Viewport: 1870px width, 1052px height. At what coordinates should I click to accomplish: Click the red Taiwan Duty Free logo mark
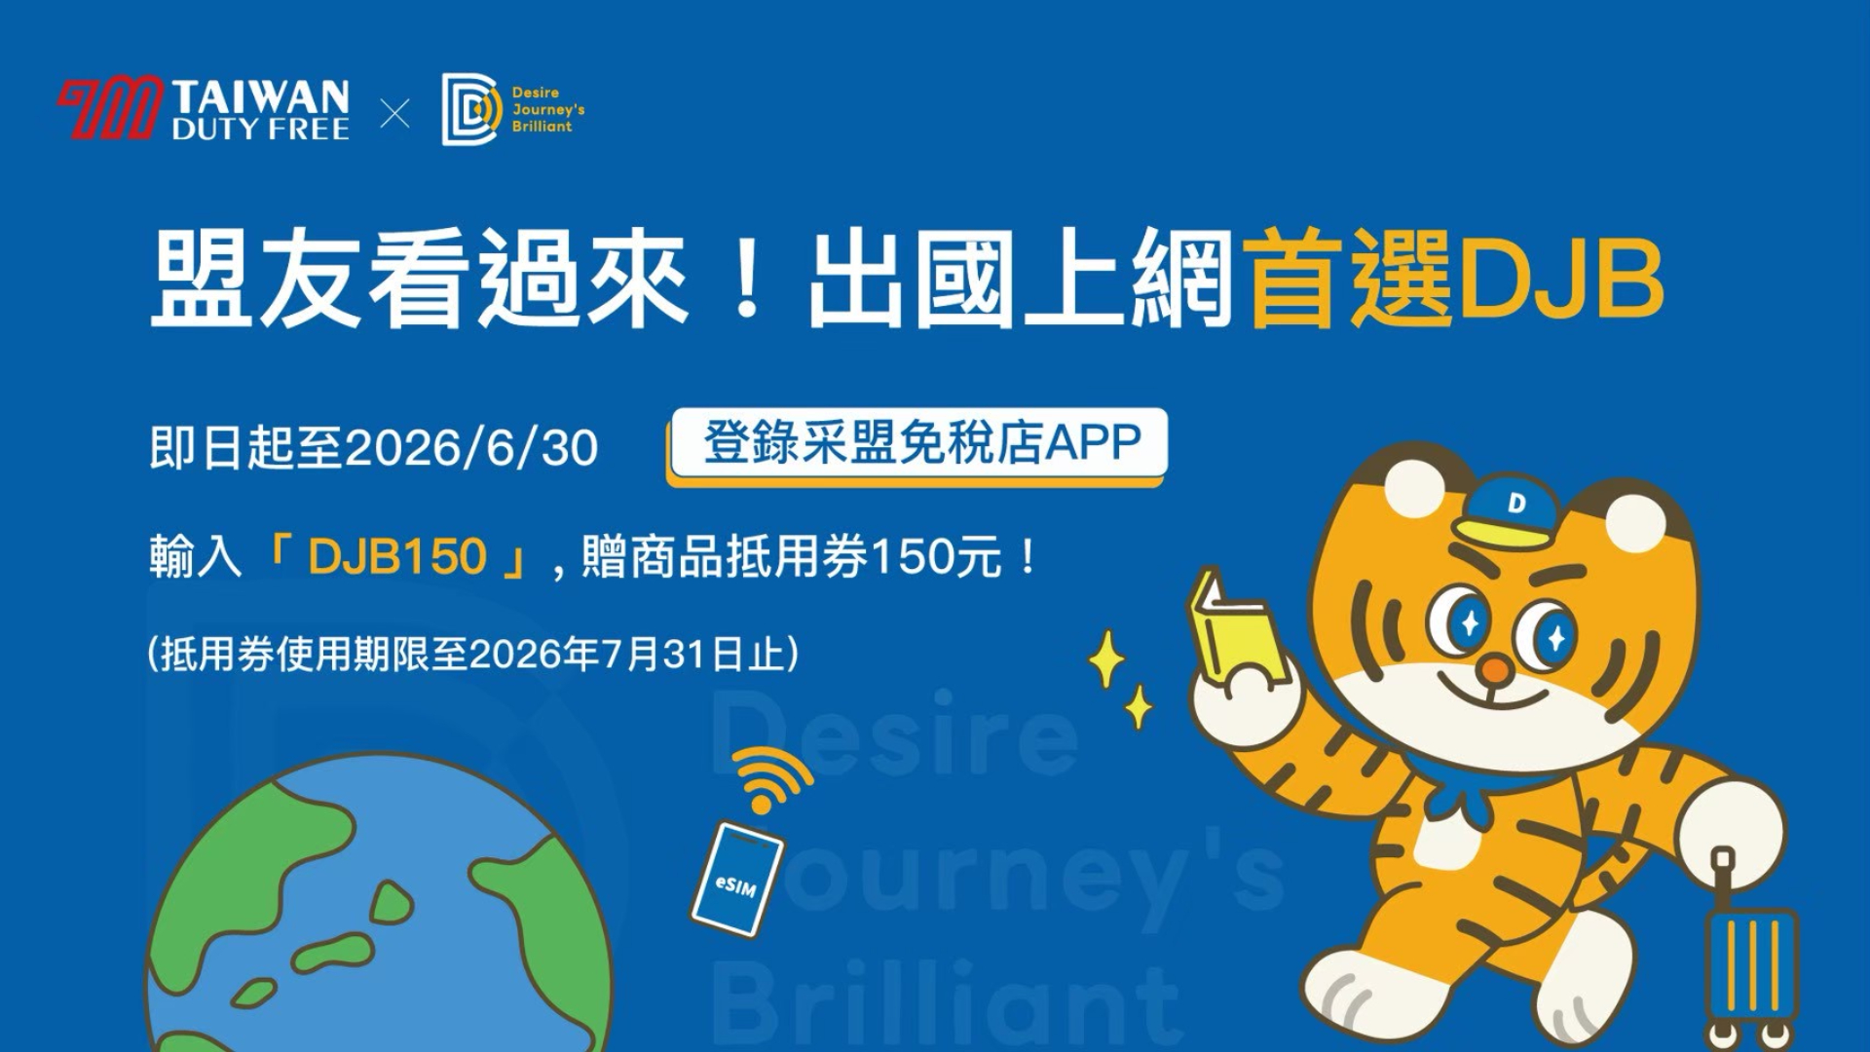[x=109, y=108]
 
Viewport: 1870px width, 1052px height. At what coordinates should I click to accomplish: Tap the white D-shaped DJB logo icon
[x=470, y=109]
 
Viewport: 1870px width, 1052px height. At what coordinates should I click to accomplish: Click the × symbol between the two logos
[x=394, y=115]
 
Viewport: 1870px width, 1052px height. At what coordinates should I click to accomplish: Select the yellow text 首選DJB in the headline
[x=1455, y=281]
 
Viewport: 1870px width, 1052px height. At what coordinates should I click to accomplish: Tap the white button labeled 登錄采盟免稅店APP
[x=917, y=445]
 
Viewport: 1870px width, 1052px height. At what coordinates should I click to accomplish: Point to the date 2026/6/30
[x=472, y=449]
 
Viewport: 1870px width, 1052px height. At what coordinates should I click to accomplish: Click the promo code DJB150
[x=396, y=557]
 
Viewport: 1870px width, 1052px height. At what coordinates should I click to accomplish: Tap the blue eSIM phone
[x=737, y=880]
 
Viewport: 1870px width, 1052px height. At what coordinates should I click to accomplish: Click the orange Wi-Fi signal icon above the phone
[x=771, y=779]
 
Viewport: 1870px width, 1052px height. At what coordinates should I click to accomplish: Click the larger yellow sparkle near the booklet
[x=1106, y=660]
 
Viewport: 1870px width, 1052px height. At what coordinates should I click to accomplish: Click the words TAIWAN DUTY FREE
[x=260, y=110]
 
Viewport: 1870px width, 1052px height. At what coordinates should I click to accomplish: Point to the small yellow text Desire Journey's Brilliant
[x=548, y=109]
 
